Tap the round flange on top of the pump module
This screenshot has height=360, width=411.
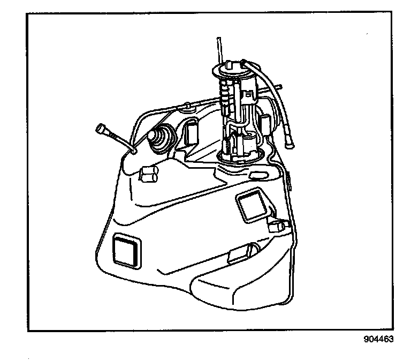pyautogui.click(x=231, y=70)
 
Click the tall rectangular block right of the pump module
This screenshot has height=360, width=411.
pyautogui.click(x=266, y=123)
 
